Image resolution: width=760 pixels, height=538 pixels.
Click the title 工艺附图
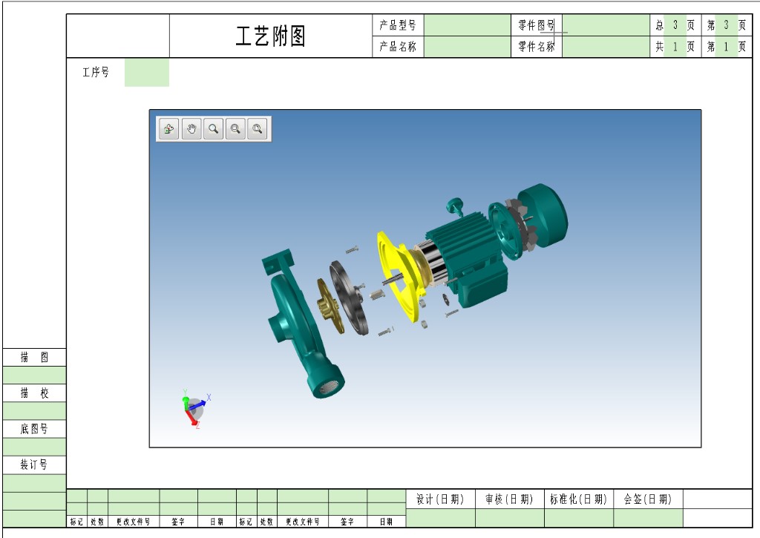270,36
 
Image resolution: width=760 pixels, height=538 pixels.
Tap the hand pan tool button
191,129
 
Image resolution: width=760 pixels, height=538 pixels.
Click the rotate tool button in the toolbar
169,129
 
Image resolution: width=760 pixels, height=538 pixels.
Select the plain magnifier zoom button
213,129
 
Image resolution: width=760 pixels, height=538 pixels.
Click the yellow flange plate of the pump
398,276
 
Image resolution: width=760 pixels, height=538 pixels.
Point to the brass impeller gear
329,305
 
